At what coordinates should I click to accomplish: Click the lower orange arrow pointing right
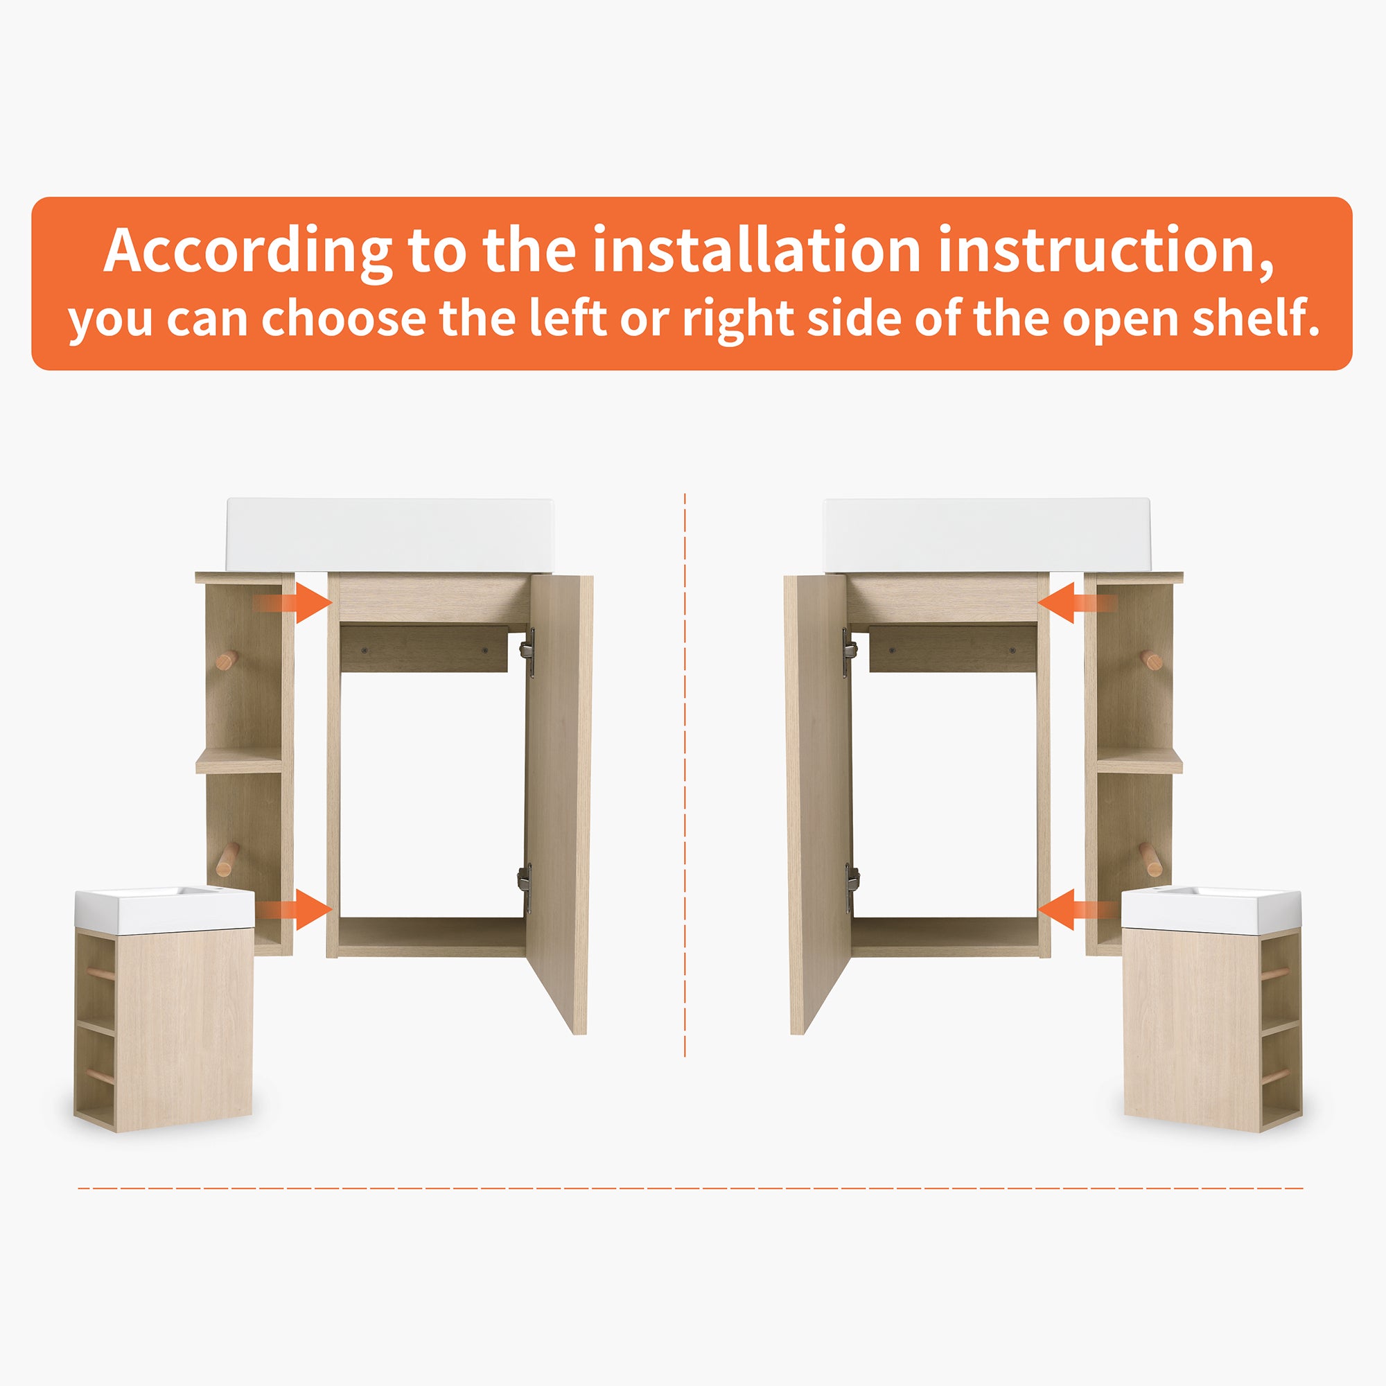pos(296,910)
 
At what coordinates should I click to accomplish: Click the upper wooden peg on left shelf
pos(227,660)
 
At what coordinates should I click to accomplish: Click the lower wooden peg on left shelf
pos(227,859)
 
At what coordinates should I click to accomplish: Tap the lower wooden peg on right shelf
pos(1150,859)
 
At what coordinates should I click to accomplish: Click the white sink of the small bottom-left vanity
pos(164,908)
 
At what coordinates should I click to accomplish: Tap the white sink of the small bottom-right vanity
pos(1211,908)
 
